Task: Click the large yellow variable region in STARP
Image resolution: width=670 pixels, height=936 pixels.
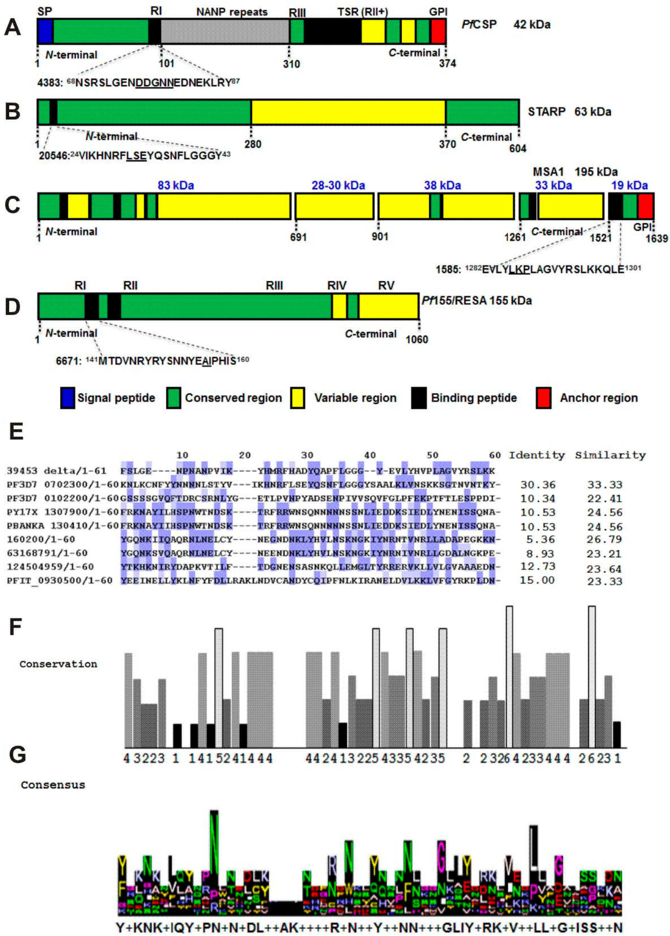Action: [348, 112]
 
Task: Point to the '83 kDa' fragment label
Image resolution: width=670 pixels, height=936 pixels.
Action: [176, 185]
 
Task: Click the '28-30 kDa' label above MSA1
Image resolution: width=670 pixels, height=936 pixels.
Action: [338, 185]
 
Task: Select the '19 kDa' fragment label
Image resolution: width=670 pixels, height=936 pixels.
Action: [629, 185]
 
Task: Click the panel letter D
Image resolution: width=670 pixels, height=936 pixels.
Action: [12, 307]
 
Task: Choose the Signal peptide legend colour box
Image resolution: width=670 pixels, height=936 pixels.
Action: [68, 398]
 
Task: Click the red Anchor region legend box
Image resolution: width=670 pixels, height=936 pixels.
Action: [543, 398]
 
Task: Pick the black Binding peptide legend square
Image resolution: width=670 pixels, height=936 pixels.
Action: [419, 398]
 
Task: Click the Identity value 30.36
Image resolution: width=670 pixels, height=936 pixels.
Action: [538, 485]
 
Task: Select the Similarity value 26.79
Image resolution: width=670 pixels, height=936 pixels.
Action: [604, 539]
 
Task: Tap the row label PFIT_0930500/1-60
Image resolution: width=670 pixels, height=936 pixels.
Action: [59, 580]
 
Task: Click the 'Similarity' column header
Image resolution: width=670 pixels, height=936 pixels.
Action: [610, 455]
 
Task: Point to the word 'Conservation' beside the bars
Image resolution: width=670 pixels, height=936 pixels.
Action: [58, 664]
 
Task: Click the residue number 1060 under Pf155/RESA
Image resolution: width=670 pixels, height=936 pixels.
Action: [417, 339]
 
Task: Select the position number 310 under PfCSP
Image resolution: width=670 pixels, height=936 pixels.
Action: [291, 64]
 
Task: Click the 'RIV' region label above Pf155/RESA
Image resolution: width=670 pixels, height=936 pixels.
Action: [337, 286]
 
